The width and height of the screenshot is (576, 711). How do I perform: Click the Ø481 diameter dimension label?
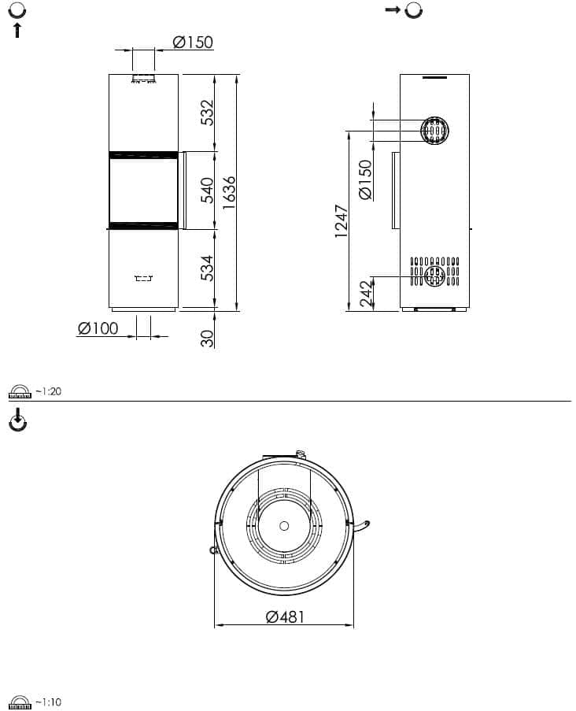[x=285, y=617]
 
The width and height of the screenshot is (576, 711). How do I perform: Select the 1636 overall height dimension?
[x=229, y=193]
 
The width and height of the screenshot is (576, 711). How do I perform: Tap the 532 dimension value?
[x=207, y=113]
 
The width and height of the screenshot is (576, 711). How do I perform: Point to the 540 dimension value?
[x=207, y=191]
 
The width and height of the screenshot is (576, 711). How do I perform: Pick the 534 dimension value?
[x=207, y=268]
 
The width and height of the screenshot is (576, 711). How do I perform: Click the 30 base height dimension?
[x=207, y=339]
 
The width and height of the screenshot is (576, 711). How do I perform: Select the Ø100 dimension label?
[x=98, y=328]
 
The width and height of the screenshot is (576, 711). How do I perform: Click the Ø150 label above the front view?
[x=193, y=43]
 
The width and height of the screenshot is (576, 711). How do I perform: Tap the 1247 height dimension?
[x=342, y=221]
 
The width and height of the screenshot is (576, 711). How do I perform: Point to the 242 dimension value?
[x=366, y=294]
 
